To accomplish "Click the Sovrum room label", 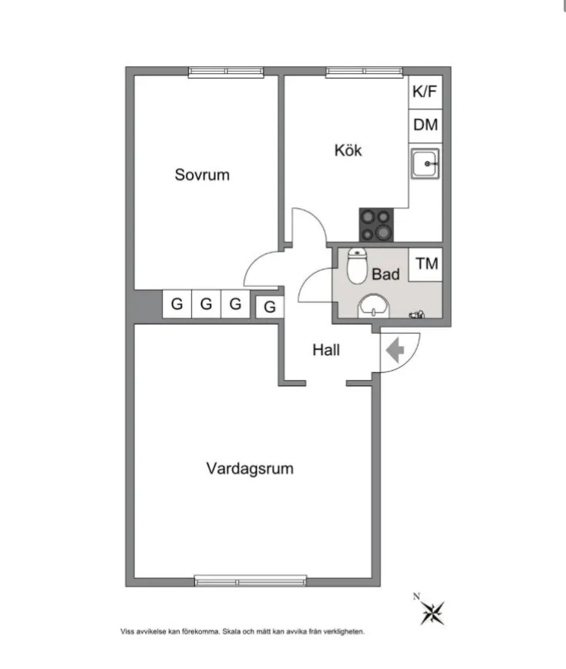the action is click(202, 174).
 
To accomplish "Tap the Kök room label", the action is click(348, 150).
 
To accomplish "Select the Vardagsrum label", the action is click(250, 469).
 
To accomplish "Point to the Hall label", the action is click(326, 350).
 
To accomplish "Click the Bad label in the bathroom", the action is click(386, 274).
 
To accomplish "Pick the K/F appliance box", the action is click(425, 92).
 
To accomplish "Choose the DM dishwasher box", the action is click(425, 126).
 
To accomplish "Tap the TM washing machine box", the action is click(426, 264).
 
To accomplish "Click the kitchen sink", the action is click(425, 163).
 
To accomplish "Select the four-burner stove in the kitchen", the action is click(376, 225).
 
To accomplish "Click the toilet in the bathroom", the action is click(357, 266).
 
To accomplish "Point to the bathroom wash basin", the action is click(373, 305).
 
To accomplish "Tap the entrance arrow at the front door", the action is click(395, 350).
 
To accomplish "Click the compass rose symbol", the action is click(433, 613).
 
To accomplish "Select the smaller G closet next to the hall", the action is click(270, 307).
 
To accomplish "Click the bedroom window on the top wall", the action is click(226, 72).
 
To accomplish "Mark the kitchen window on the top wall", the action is click(364, 72).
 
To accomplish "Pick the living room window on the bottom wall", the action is click(251, 580).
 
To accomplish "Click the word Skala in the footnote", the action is click(231, 631).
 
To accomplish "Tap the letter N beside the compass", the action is click(416, 597).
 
